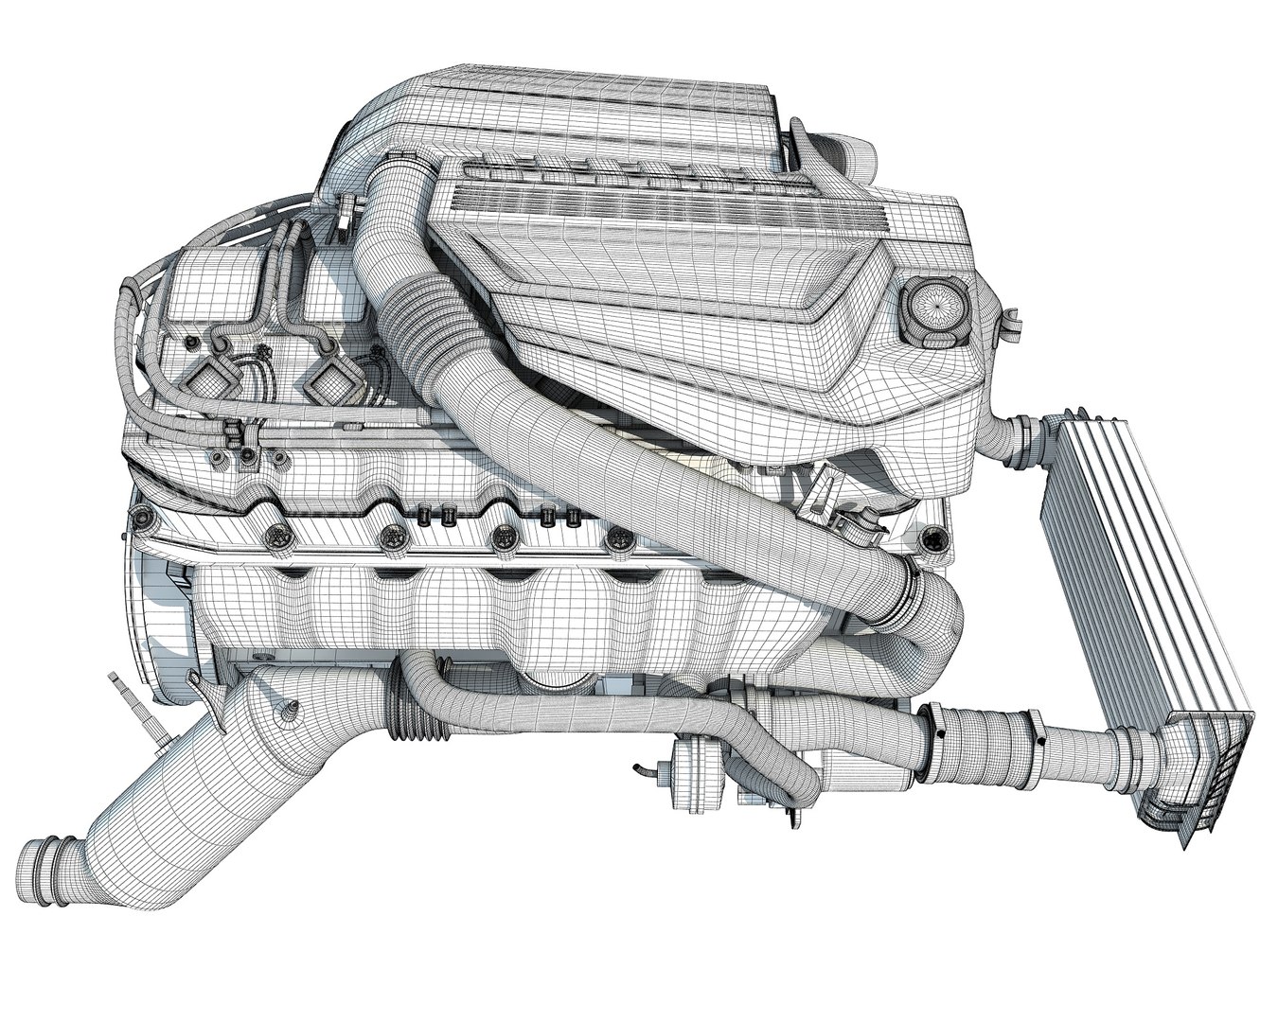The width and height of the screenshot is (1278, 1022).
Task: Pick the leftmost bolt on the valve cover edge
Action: pyautogui.click(x=143, y=517)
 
